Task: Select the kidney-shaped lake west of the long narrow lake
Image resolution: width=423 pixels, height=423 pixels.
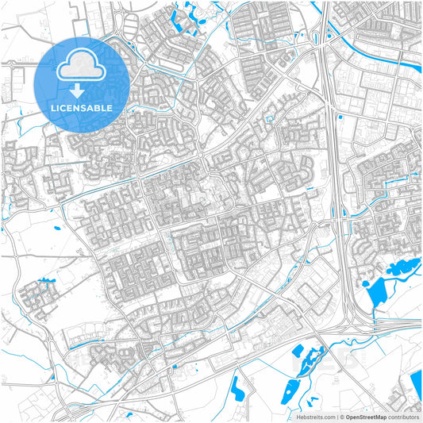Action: coord(237,386)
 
